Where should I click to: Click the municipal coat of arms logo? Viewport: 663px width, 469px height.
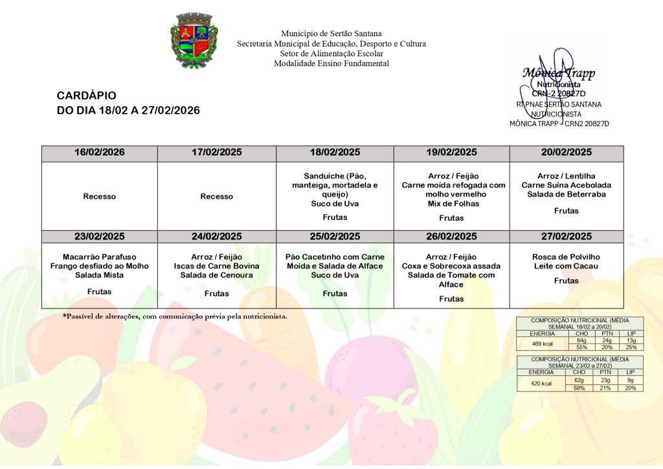[194, 41]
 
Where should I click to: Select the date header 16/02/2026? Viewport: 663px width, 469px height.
[100, 153]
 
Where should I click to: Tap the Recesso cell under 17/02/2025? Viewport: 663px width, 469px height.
[217, 196]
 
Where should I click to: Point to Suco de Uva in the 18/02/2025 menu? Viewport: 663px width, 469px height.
[335, 203]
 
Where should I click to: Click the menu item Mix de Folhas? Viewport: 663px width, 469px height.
[451, 203]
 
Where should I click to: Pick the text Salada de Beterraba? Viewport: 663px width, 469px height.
[567, 194]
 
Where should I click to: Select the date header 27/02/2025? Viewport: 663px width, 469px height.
[567, 236]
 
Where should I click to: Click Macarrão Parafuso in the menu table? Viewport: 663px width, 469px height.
[100, 257]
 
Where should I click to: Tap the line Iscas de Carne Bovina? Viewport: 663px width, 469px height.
[217, 266]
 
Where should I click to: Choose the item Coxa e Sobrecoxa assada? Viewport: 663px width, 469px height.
[451, 266]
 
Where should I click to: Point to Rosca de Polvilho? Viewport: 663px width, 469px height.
[567, 257]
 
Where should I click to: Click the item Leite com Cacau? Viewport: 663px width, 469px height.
[567, 266]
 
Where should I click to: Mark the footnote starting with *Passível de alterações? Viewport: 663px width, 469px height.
[175, 316]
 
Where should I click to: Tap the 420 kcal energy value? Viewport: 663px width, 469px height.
[542, 384]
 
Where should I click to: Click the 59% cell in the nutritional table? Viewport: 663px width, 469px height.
[579, 388]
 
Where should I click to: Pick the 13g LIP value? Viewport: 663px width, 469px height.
[631, 340]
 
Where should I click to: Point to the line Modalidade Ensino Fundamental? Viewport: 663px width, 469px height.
[331, 63]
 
